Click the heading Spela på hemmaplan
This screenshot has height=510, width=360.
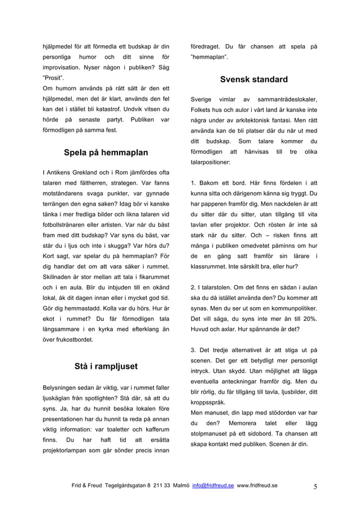pos(106,152)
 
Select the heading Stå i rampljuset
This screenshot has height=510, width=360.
pos(106,367)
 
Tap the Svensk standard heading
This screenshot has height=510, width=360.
pos(254,80)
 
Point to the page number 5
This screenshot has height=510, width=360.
pos(314,485)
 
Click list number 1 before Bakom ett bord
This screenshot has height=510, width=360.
pos(194,183)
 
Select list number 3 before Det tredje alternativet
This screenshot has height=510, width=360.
pos(194,350)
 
